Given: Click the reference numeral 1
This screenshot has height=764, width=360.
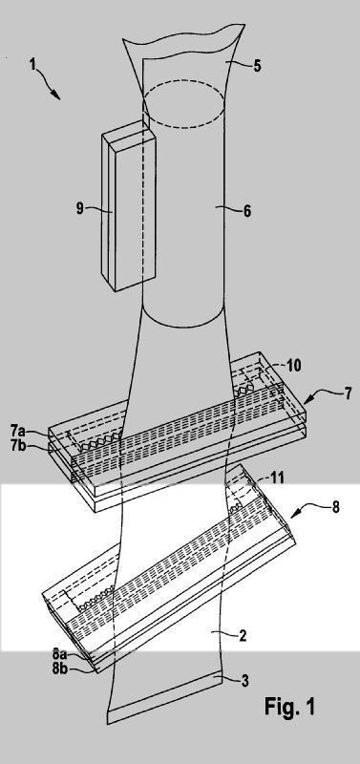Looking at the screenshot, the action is (x=33, y=64).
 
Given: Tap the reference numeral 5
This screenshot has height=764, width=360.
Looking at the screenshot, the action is (x=256, y=65).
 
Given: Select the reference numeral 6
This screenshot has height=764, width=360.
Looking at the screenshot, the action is (x=246, y=211).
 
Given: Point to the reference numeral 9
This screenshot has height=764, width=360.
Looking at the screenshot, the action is (x=79, y=209).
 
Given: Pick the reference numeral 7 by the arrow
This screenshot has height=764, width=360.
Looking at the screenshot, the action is (x=348, y=393).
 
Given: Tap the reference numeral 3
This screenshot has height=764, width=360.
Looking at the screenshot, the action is (x=245, y=681).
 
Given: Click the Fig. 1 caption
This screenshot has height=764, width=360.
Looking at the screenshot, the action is (x=290, y=706).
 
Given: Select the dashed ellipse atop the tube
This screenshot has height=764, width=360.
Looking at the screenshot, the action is (x=183, y=128).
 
